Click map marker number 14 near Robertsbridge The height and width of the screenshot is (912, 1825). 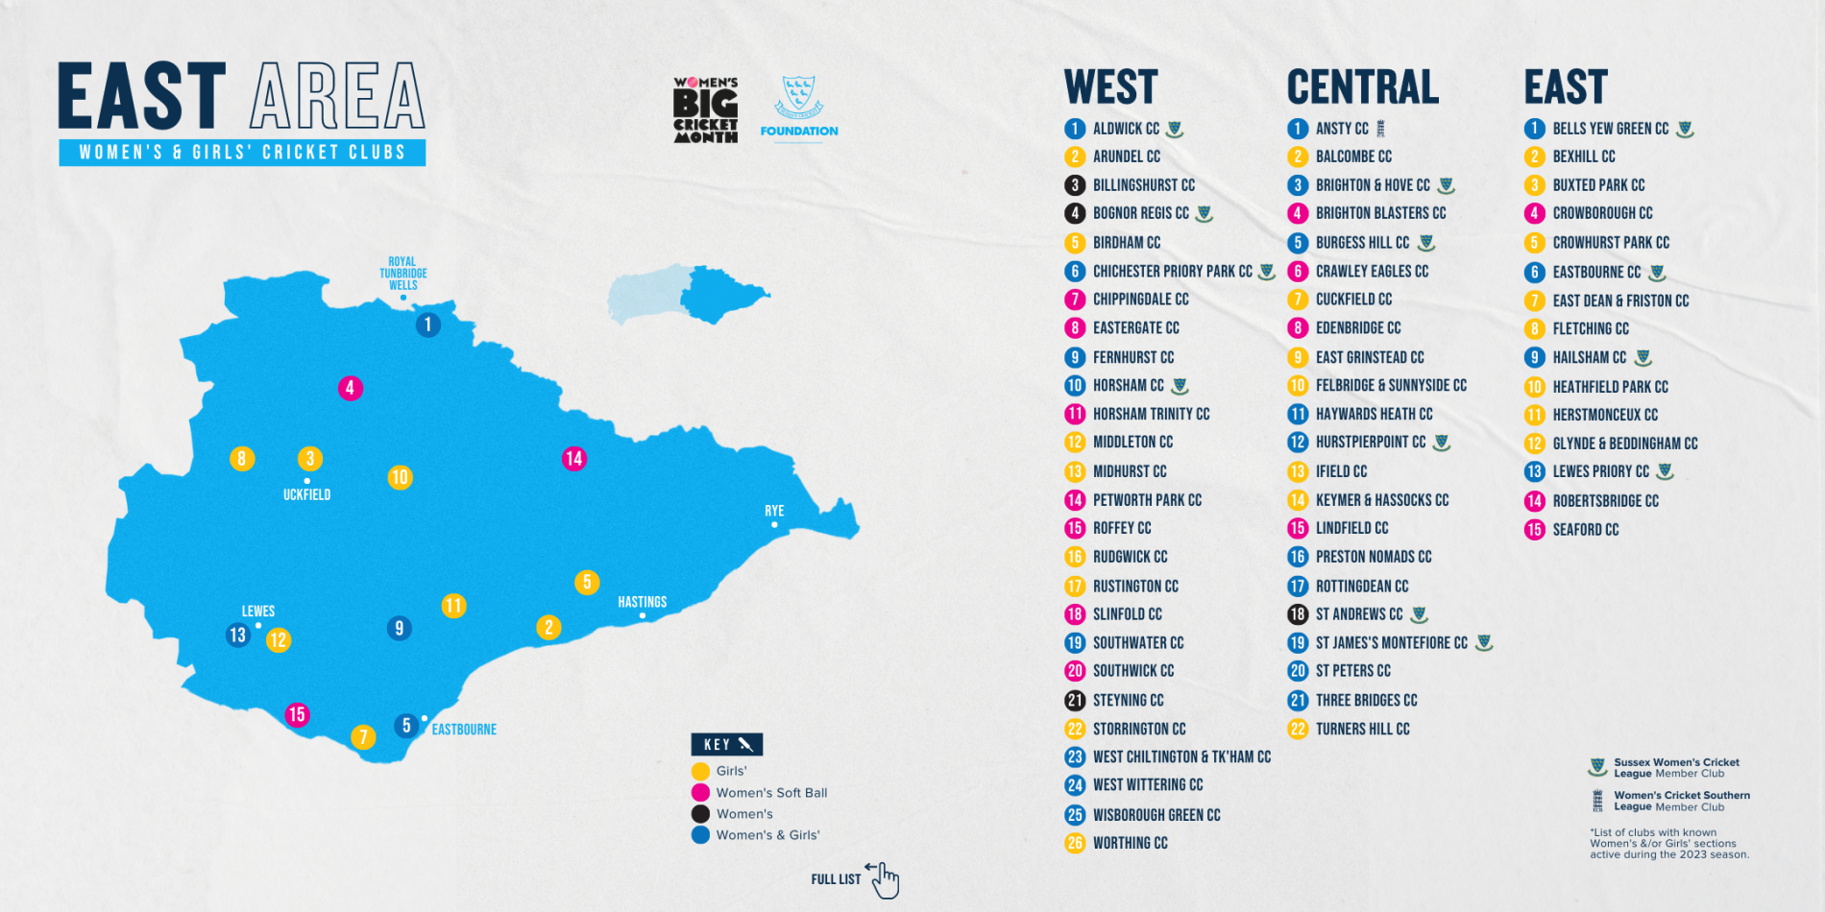coord(573,459)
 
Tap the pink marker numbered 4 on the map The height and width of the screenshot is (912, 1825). coord(350,388)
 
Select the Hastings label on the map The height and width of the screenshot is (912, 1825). coord(642,602)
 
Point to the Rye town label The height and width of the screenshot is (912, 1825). coord(774,511)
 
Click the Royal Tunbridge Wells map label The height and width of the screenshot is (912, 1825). coord(402,274)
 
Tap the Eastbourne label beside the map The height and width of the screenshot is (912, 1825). coord(464,730)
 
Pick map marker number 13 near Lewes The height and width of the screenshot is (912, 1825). coord(237,635)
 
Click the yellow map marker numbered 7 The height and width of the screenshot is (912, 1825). coord(363,736)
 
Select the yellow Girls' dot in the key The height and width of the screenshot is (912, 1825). coord(700,771)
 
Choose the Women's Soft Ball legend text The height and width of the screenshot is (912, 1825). coord(771,793)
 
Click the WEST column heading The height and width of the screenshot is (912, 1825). coord(1111,87)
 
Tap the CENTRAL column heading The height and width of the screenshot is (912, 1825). coord(1363,87)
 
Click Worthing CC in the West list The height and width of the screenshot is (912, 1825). coord(1130,843)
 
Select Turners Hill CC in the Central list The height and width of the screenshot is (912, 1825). coord(1362,729)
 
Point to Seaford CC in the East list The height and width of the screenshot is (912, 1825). coord(1585,530)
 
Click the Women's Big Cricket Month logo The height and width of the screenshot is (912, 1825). coord(705,110)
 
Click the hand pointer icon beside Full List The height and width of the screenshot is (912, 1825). coord(884,879)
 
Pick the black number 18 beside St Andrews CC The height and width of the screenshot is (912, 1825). coord(1298,614)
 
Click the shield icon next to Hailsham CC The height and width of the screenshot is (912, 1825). coord(1643,358)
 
